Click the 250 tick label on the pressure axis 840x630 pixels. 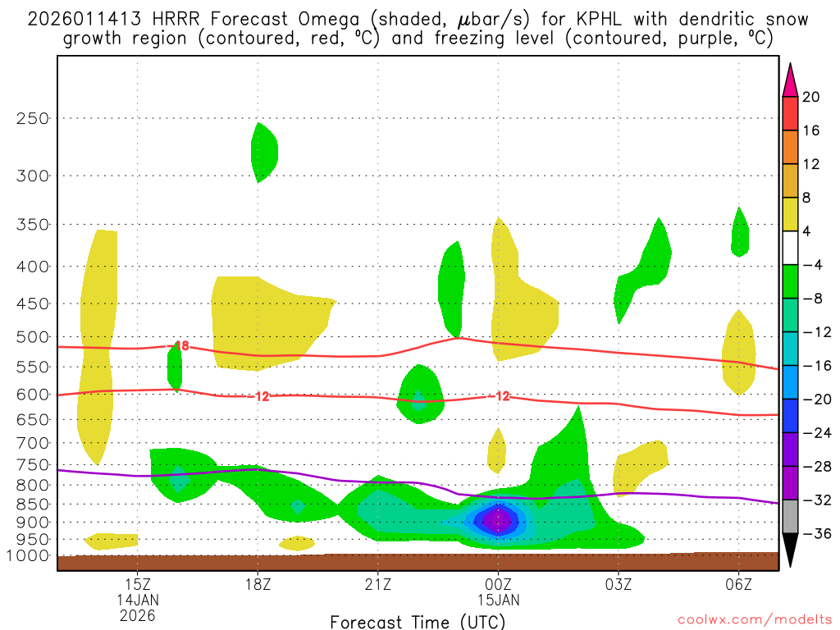pyautogui.click(x=33, y=118)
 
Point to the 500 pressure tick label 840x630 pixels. pyautogui.click(x=33, y=337)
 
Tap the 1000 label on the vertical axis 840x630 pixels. pyautogui.click(x=29, y=556)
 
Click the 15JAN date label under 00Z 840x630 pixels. pyautogui.click(x=498, y=600)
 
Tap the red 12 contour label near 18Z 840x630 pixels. pyautogui.click(x=262, y=397)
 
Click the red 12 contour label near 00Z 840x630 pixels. pyautogui.click(x=502, y=396)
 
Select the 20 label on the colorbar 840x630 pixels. pyautogui.click(x=811, y=97)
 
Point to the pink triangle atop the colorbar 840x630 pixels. pyautogui.click(x=790, y=80)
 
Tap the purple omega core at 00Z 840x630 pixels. pyautogui.click(x=496, y=519)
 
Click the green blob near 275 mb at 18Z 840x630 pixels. pyautogui.click(x=264, y=153)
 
